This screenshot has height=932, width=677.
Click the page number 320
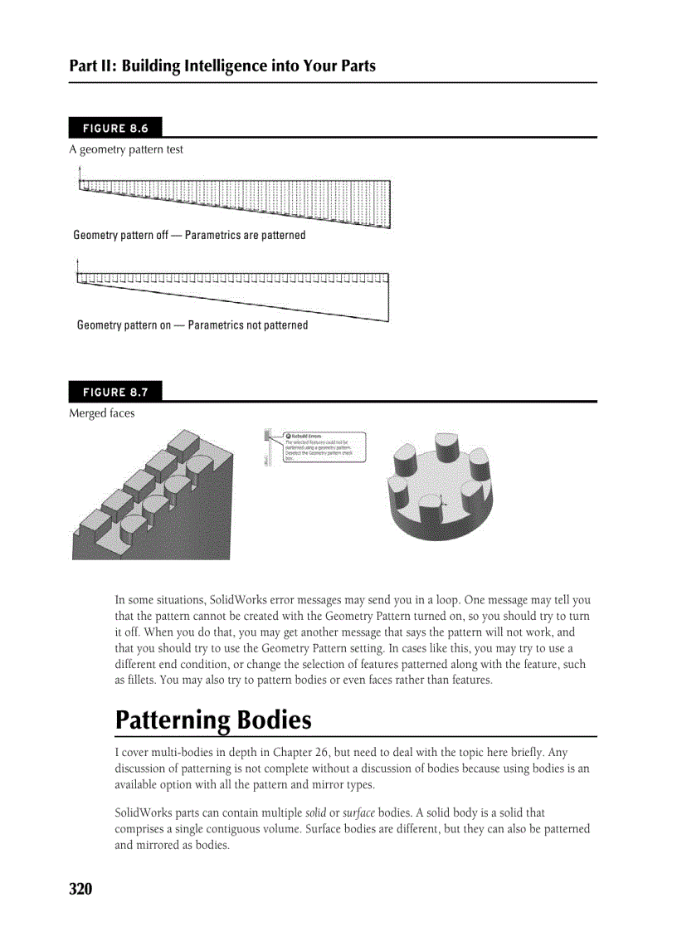[80, 890]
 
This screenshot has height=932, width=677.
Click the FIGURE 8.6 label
[115, 129]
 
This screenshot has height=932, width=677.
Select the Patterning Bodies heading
[213, 720]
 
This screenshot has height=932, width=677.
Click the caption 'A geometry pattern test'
[126, 150]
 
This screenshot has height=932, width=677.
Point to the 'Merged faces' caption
[101, 413]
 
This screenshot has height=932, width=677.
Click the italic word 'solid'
[315, 813]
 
